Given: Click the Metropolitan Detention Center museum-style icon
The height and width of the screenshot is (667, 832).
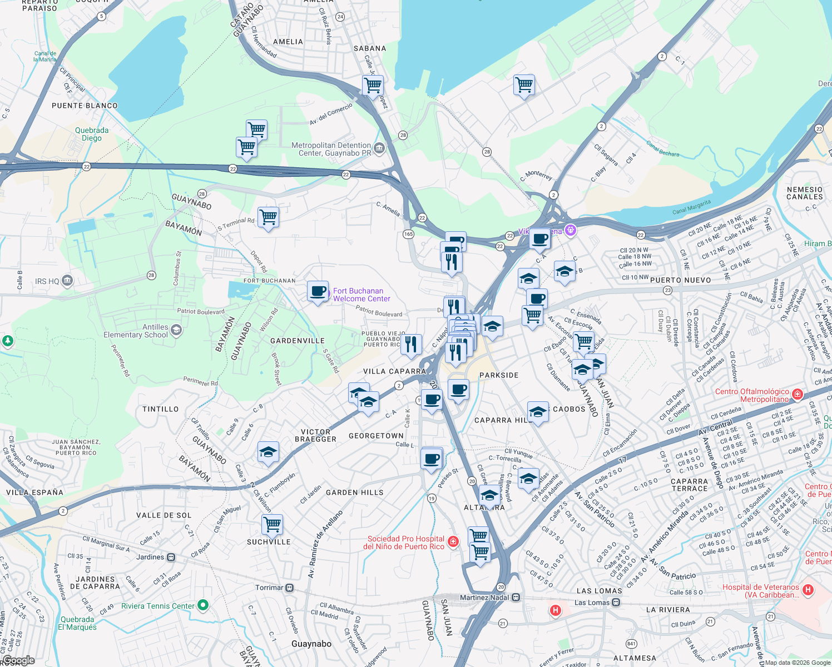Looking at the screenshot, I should point(379,148).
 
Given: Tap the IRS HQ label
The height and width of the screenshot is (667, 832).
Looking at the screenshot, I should point(47,281).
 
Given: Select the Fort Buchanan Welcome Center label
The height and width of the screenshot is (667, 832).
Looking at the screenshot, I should point(361,295).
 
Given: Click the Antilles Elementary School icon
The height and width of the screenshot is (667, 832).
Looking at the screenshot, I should point(176,330).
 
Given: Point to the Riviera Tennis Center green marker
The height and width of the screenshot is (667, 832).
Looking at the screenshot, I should point(203,605).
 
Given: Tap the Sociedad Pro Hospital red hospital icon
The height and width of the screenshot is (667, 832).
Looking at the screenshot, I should point(453,541).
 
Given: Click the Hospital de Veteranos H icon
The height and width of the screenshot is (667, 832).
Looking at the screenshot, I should point(808,590).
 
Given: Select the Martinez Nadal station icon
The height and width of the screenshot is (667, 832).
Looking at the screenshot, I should point(516,598).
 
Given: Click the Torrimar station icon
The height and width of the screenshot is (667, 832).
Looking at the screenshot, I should point(289,588).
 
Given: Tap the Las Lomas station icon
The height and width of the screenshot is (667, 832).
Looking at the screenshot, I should point(616,603).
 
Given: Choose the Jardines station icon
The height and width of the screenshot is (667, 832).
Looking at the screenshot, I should point(171,557).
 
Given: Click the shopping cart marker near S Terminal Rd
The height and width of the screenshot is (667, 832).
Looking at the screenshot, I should point(268,217).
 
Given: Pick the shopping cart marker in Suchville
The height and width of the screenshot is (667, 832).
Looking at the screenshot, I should point(272,524).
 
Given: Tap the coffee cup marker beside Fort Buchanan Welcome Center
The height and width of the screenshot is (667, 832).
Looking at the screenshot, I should point(318,291).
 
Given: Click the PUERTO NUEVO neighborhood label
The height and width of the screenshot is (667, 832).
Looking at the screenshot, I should point(680,280).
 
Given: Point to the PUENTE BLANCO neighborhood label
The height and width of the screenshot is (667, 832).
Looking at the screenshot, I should point(85,106).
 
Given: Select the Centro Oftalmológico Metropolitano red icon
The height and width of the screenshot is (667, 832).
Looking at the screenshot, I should point(798,395).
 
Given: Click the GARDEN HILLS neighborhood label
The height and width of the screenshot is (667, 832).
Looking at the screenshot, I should point(354,492).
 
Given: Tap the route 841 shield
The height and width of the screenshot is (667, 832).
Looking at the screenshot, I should point(631,644).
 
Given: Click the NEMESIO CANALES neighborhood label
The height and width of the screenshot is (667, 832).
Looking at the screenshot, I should point(804,193).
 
